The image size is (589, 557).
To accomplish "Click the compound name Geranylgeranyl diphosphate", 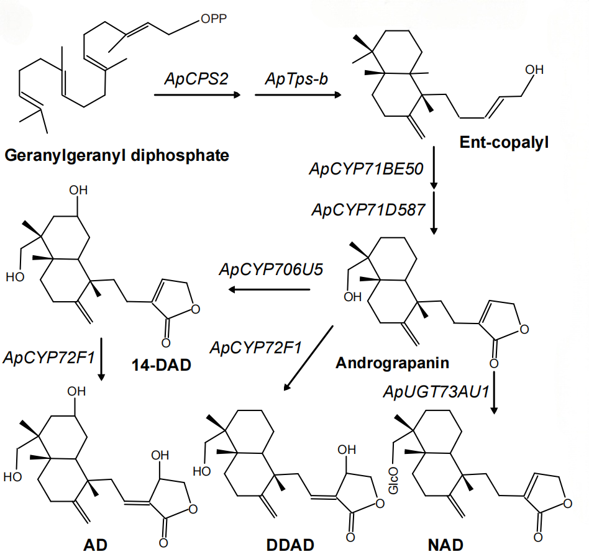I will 117,155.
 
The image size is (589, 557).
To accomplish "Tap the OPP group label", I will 214,20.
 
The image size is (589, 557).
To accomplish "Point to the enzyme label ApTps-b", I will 292,79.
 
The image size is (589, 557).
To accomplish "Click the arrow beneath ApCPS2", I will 197,95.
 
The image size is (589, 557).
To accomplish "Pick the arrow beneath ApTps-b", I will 297,95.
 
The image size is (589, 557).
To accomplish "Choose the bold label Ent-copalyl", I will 505,142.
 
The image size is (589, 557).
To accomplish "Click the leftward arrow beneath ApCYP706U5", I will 268,289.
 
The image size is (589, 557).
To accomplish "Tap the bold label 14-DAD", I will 161,364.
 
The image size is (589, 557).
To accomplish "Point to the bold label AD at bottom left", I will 96,545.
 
